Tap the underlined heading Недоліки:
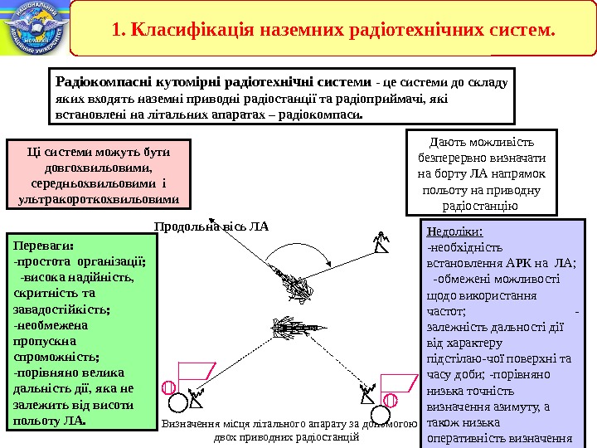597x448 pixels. (x=453, y=231)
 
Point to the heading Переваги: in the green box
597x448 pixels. (x=44, y=246)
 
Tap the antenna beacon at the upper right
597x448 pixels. (x=381, y=241)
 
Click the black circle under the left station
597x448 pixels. (x=177, y=403)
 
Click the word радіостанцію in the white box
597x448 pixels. (x=481, y=206)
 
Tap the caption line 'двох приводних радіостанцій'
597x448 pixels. (x=287, y=436)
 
